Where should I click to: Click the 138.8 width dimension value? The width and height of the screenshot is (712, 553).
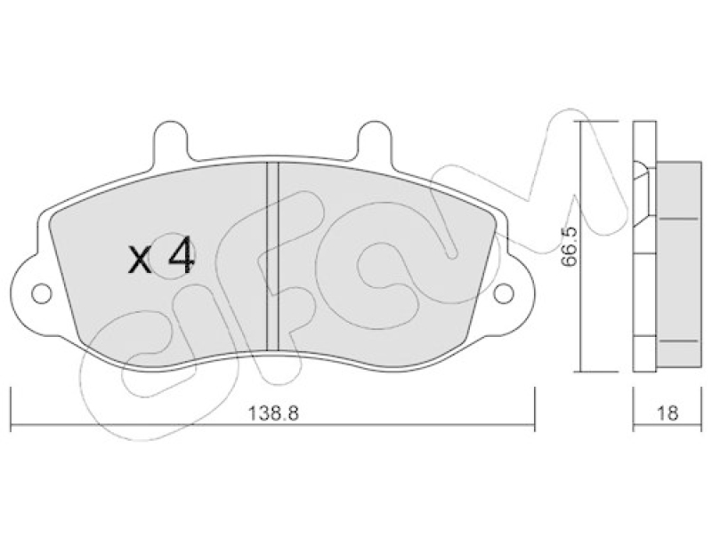tap(273, 413)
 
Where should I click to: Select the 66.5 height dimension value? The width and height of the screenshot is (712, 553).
tap(569, 246)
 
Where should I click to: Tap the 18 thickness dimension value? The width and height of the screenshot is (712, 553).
tap(667, 413)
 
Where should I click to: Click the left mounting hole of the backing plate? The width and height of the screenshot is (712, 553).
tap(42, 294)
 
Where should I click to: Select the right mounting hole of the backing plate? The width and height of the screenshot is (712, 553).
tap(503, 294)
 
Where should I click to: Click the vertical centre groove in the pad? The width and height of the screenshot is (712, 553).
tap(272, 256)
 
